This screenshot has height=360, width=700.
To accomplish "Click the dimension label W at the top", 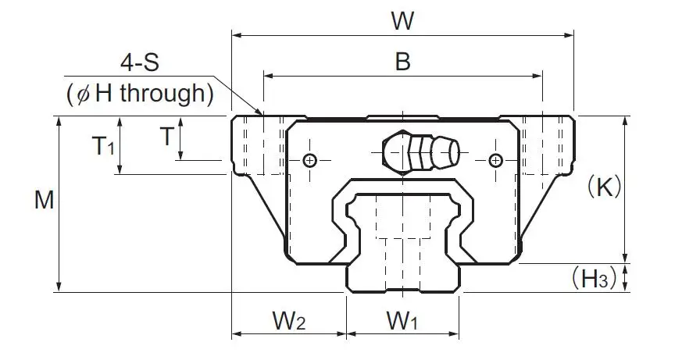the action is pyautogui.click(x=402, y=20).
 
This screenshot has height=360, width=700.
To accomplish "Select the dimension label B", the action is pyautogui.click(x=402, y=62).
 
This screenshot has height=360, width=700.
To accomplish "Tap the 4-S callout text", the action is pyautogui.click(x=139, y=63).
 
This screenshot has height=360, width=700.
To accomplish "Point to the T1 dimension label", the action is pyautogui.click(x=103, y=146).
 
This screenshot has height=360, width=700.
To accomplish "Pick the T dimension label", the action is pyautogui.click(x=166, y=137).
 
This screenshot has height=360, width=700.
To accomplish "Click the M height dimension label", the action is pyautogui.click(x=45, y=199).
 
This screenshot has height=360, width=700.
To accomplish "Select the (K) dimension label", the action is pyautogui.click(x=605, y=187).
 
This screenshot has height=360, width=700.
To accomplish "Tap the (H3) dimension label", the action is pyautogui.click(x=594, y=278).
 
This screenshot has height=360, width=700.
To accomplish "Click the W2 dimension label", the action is pyautogui.click(x=289, y=320).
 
